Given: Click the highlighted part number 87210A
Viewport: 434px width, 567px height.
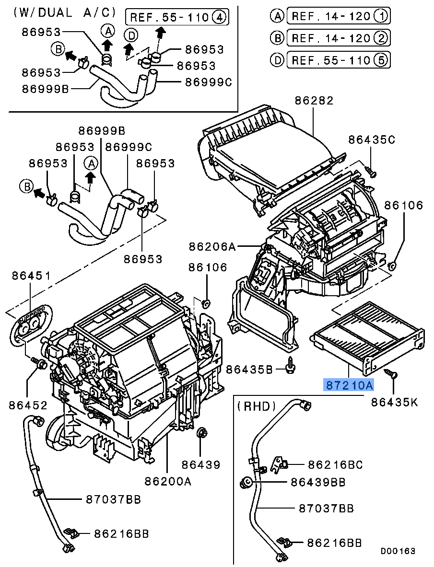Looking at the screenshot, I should (x=349, y=385).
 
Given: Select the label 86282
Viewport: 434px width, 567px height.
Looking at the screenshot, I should (x=314, y=101).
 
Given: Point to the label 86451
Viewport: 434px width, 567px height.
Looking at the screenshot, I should (x=31, y=276).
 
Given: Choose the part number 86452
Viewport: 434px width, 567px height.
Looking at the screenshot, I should (x=28, y=405).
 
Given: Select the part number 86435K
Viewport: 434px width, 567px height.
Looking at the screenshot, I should (x=394, y=403).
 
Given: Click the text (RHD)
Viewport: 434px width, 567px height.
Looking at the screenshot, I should (x=257, y=406).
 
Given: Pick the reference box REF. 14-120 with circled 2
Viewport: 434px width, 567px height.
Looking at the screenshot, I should (x=337, y=38).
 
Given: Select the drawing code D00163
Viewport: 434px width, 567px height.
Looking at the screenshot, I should (x=398, y=551).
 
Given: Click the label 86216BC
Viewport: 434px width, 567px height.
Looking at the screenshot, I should (x=335, y=464).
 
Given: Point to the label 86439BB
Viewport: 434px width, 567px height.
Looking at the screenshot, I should (x=318, y=482).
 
